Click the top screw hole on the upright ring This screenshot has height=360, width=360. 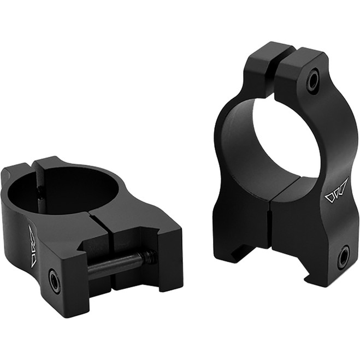[313, 81]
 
